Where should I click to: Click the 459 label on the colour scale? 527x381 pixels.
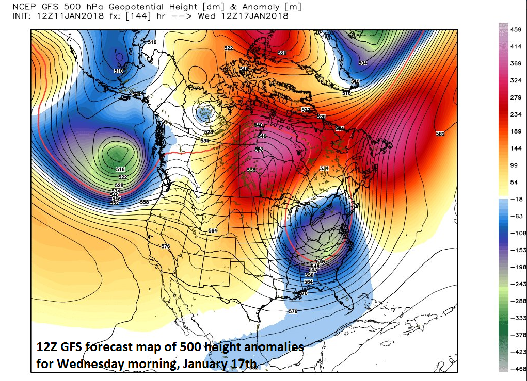tap(515, 30)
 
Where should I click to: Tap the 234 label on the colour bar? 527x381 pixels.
tap(515, 114)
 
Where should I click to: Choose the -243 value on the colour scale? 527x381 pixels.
tap(515, 284)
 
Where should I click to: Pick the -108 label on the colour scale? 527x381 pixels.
tap(515, 233)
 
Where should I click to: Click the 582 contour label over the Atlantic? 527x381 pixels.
tap(440, 134)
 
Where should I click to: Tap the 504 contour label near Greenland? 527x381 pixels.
tap(362, 63)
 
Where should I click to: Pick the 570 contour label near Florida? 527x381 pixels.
tap(304, 293)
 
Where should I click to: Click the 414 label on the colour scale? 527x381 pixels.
tap(515, 47)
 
